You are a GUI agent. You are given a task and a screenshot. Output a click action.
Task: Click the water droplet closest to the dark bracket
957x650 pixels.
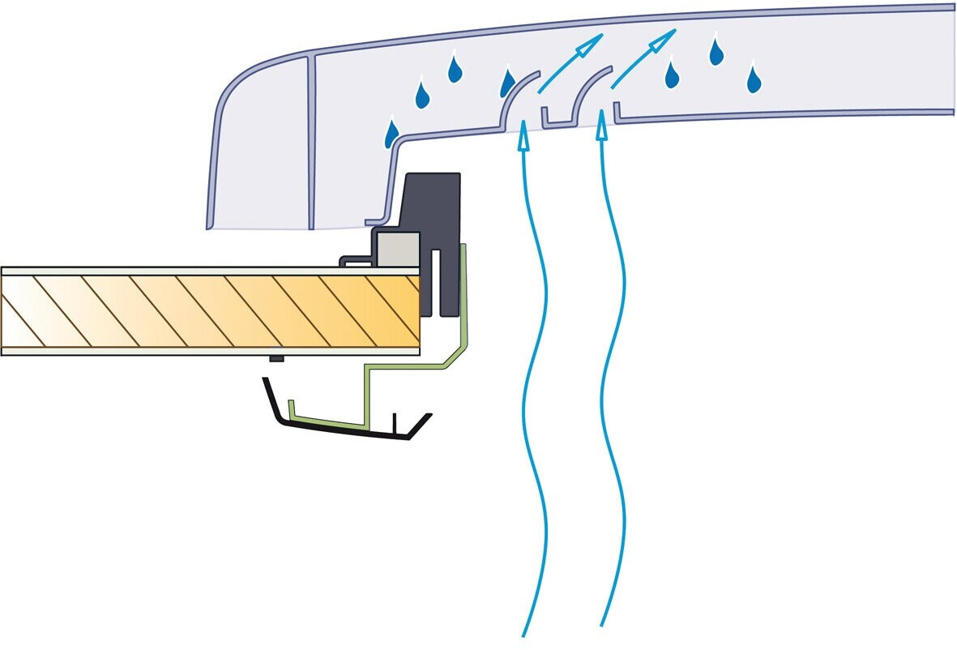tap(392, 133)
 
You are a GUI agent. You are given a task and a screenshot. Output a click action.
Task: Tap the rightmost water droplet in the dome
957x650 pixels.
tap(754, 79)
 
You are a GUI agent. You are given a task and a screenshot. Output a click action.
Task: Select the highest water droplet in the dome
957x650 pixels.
tap(716, 51)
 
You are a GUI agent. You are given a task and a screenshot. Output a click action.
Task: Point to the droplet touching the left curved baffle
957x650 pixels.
tap(508, 82)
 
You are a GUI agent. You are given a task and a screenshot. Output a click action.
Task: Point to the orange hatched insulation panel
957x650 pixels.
tap(211, 310)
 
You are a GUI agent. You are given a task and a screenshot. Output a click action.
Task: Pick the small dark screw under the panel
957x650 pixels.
tap(276, 359)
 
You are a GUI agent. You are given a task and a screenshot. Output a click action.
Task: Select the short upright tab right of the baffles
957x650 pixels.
tap(617, 111)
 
